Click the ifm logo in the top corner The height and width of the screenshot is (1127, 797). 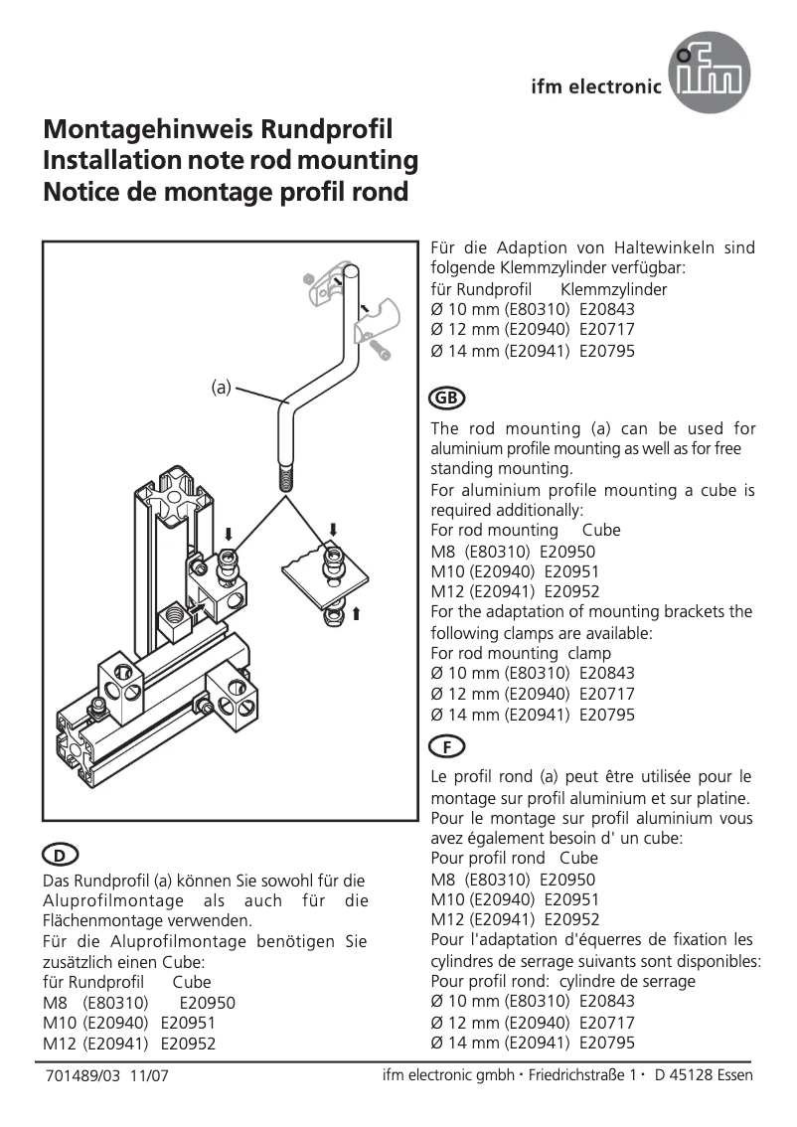710,73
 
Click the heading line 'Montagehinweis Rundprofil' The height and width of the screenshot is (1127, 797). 219,130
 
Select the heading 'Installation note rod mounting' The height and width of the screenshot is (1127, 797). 231,161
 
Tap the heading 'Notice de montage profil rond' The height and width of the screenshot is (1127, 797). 226,192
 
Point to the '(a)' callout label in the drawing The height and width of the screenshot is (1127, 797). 221,387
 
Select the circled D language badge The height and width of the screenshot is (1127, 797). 60,856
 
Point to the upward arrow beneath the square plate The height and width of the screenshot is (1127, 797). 354,613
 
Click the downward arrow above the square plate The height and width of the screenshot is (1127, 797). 334,528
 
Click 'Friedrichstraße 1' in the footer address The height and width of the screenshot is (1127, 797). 581,1075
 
